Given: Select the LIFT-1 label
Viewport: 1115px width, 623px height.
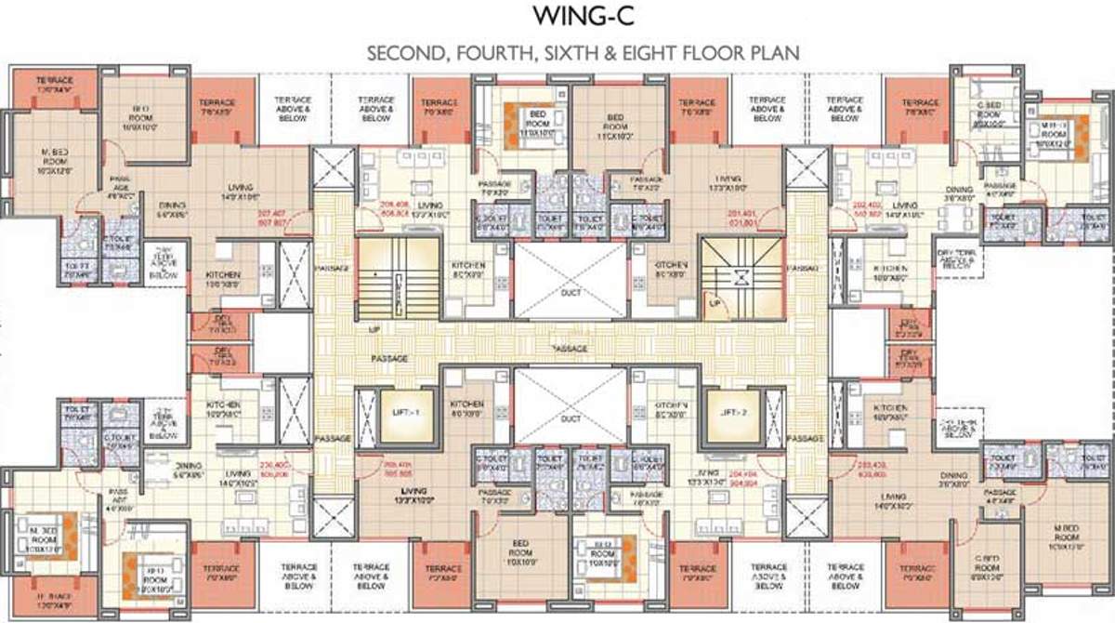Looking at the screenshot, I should click(400, 410).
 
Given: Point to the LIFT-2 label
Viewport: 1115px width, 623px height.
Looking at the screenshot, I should click(728, 410).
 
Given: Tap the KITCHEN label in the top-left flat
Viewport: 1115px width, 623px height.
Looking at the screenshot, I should click(224, 280).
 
